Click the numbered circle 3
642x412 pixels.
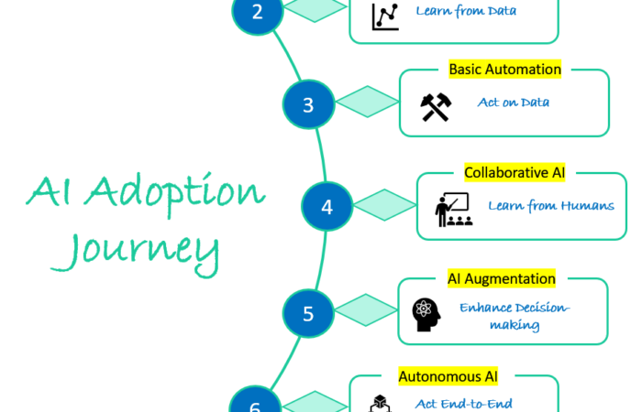(x=308, y=104)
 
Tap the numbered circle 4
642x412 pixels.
(x=327, y=206)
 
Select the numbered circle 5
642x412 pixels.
(x=308, y=313)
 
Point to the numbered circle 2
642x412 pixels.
(x=256, y=12)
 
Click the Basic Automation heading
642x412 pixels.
(x=504, y=70)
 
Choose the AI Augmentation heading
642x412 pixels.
(x=502, y=278)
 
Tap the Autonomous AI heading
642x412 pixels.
(x=454, y=376)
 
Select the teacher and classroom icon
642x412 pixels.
(x=451, y=210)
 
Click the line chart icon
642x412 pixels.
(x=384, y=16)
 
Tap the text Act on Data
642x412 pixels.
(x=514, y=102)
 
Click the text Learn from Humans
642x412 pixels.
(x=550, y=205)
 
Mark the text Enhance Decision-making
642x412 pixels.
(x=514, y=316)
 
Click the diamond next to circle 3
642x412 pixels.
(x=368, y=103)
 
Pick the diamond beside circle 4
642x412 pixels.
(x=385, y=205)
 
